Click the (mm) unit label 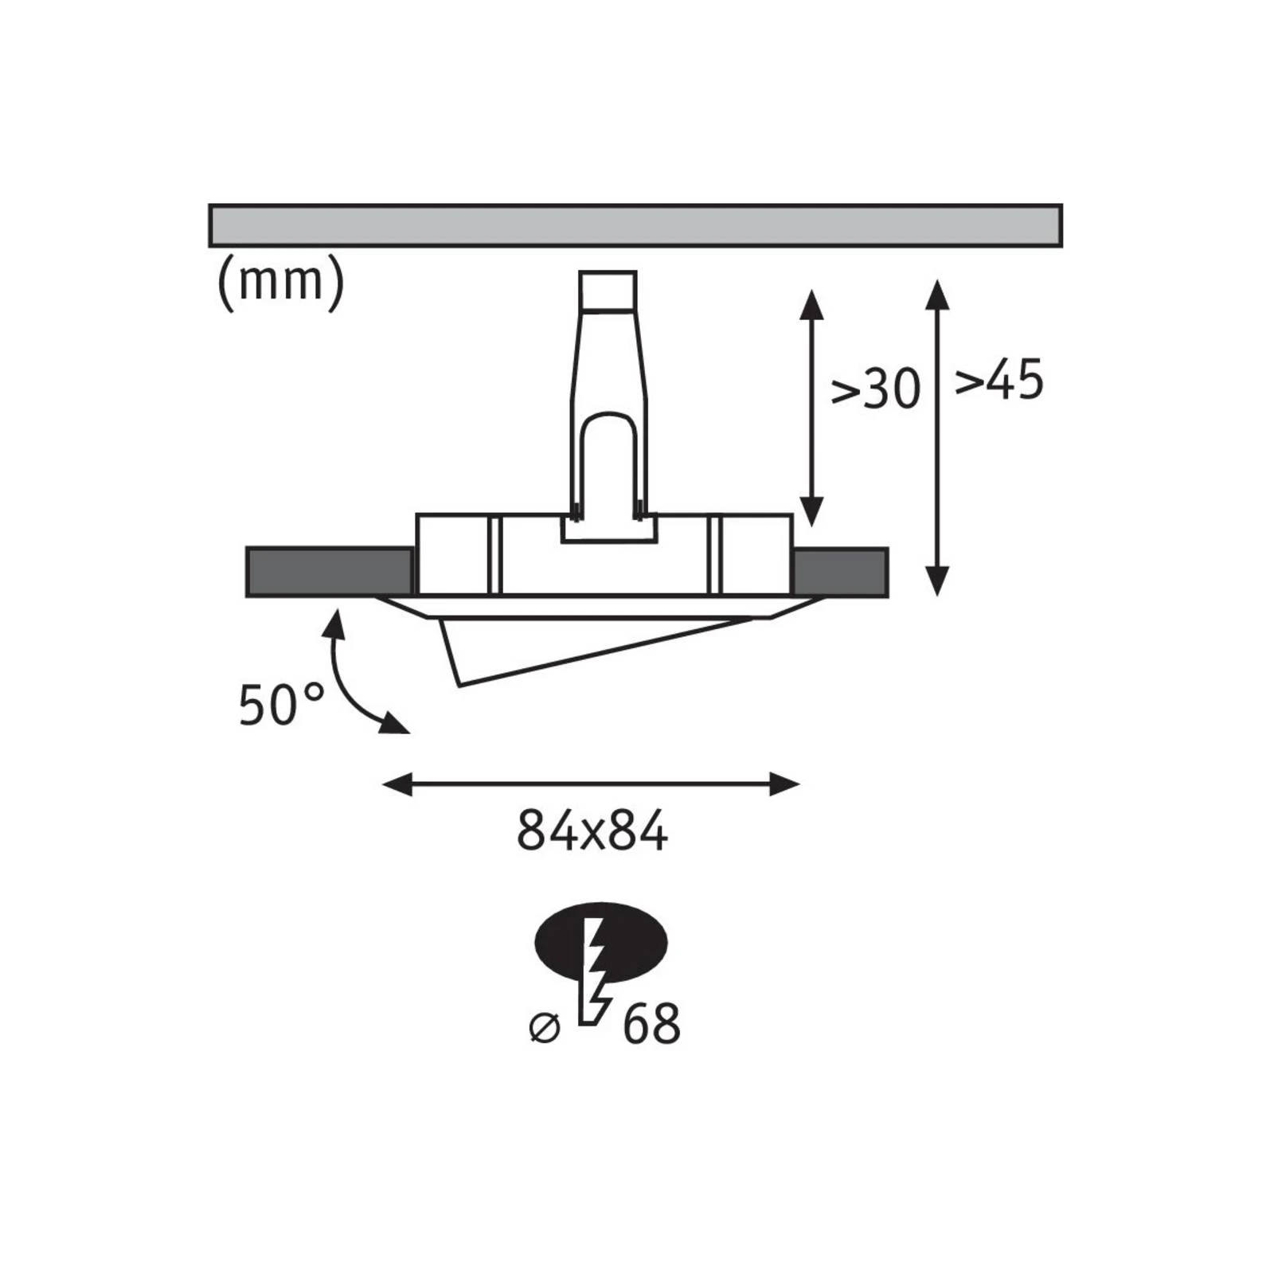coord(280,282)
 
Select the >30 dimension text coord(875,389)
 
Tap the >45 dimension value coord(998,380)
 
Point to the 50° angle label coord(282,704)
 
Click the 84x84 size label coord(592,830)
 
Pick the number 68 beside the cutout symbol coord(651,1024)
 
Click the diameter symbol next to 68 coord(545,1027)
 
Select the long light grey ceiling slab coord(635,225)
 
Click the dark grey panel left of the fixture coord(330,572)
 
